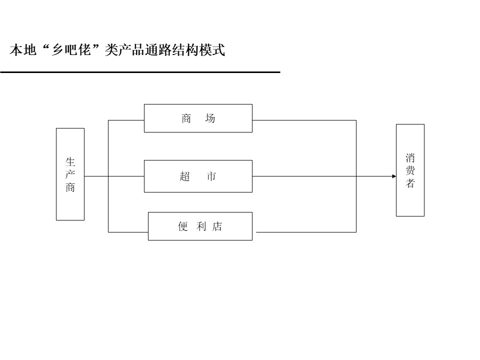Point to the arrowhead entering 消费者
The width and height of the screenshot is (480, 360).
click(x=394, y=176)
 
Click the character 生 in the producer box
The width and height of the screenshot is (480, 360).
click(x=70, y=161)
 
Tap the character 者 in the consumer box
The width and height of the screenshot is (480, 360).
click(x=410, y=183)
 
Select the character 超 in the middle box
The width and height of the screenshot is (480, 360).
click(x=185, y=176)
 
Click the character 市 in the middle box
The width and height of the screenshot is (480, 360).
click(x=211, y=176)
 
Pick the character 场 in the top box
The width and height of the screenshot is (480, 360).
click(x=210, y=118)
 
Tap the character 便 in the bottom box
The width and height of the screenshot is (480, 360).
click(x=183, y=226)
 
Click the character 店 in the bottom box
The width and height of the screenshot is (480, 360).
click(x=217, y=226)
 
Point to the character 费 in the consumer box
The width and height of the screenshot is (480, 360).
click(x=410, y=170)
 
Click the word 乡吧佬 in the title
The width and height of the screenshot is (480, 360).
click(x=71, y=49)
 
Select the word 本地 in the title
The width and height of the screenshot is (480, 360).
click(x=23, y=50)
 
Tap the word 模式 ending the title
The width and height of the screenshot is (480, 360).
click(x=212, y=50)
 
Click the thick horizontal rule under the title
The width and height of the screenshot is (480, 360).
click(x=140, y=72)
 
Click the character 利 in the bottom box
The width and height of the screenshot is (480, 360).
click(x=201, y=226)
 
